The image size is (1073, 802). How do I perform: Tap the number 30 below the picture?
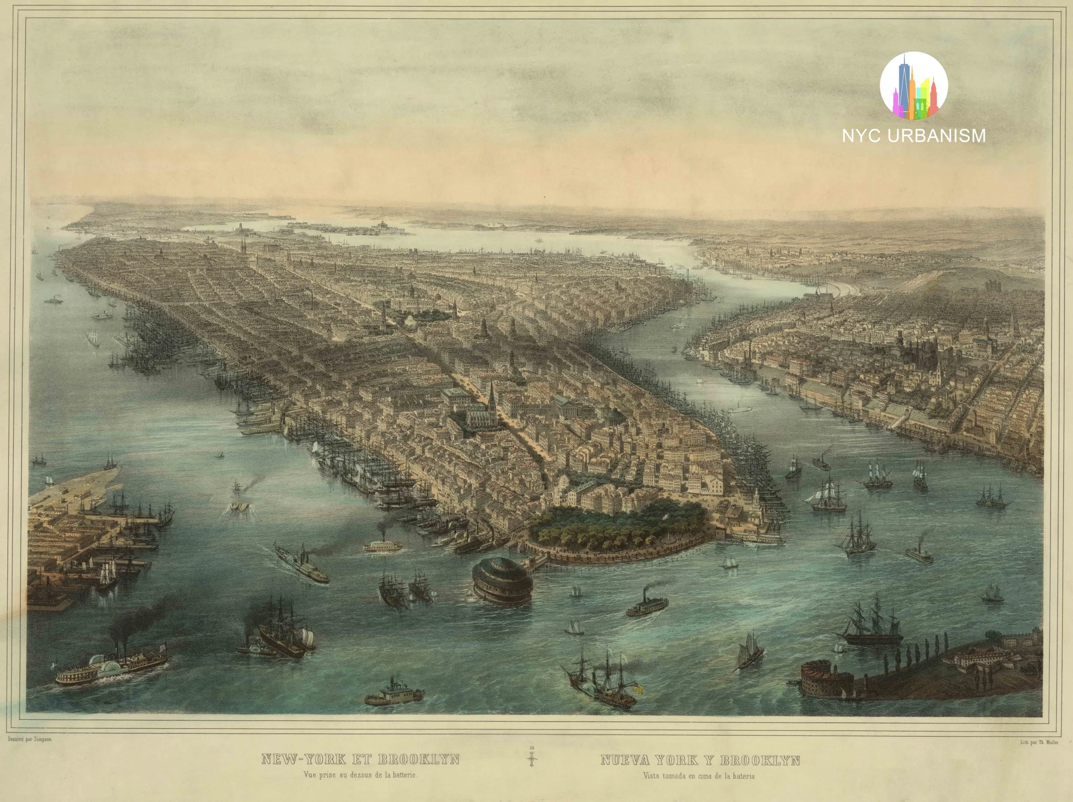click(532, 748)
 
